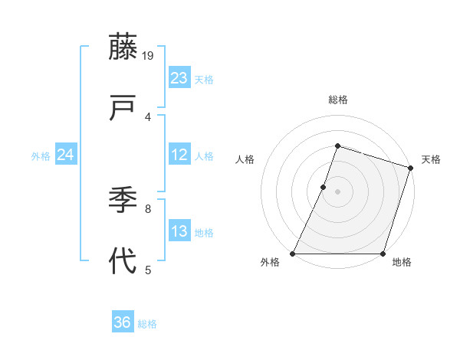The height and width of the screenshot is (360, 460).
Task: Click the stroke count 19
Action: [x=148, y=55]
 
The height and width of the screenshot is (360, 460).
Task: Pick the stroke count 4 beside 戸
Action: [x=148, y=116]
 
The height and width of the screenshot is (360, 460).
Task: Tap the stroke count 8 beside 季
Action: [x=148, y=208]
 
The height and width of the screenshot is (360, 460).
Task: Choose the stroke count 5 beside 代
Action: [x=148, y=269]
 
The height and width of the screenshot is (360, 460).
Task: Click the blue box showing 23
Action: [x=179, y=78]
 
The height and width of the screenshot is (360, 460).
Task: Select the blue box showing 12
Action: [x=179, y=155]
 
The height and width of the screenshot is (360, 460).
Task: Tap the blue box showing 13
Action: [x=179, y=231]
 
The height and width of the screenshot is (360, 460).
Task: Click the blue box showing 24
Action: [x=66, y=155]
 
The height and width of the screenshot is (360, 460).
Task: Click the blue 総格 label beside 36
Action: [x=148, y=324]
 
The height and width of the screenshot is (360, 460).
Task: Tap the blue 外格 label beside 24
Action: [x=41, y=156]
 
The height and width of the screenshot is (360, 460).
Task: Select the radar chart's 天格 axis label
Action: [x=431, y=159]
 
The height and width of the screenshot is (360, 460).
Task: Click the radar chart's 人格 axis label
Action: [x=245, y=159]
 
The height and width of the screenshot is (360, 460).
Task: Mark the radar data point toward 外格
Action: [x=293, y=254]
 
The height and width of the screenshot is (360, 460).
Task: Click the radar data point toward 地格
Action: [x=383, y=254]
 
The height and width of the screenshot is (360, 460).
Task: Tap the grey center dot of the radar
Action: [x=337, y=191]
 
